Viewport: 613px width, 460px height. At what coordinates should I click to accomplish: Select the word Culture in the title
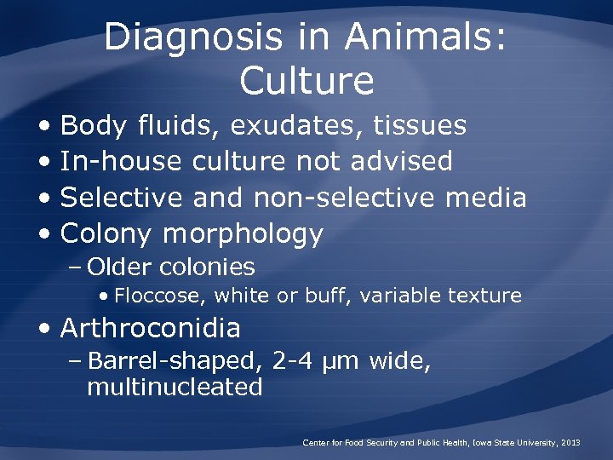point(306,81)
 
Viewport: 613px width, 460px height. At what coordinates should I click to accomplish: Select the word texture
point(489,296)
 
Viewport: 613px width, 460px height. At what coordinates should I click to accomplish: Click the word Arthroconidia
point(151,328)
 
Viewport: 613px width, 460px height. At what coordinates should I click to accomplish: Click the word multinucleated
point(175,388)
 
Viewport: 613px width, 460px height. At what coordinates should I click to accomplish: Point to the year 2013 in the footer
point(570,443)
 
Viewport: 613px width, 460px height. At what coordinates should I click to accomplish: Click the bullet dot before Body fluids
point(43,127)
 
